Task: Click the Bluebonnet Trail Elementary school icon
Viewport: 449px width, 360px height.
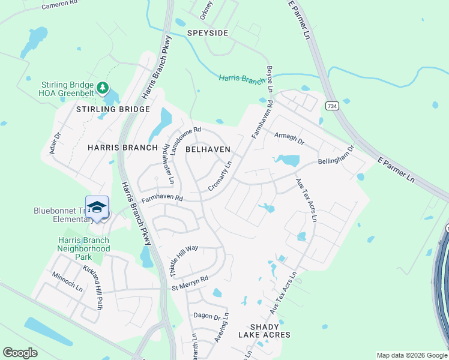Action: coord(97,207)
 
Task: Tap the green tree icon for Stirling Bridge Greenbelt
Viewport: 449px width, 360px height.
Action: coord(103,89)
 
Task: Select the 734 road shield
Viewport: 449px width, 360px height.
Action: coord(331,106)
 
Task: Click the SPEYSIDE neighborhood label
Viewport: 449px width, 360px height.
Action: coord(208,33)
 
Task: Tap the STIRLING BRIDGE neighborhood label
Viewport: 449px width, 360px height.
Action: coord(113,109)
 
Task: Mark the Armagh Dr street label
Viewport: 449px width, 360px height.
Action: coord(289,139)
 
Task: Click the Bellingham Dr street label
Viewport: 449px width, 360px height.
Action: coord(336,155)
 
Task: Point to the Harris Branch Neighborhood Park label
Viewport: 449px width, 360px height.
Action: coord(84,248)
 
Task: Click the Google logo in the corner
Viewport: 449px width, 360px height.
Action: coord(20,353)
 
